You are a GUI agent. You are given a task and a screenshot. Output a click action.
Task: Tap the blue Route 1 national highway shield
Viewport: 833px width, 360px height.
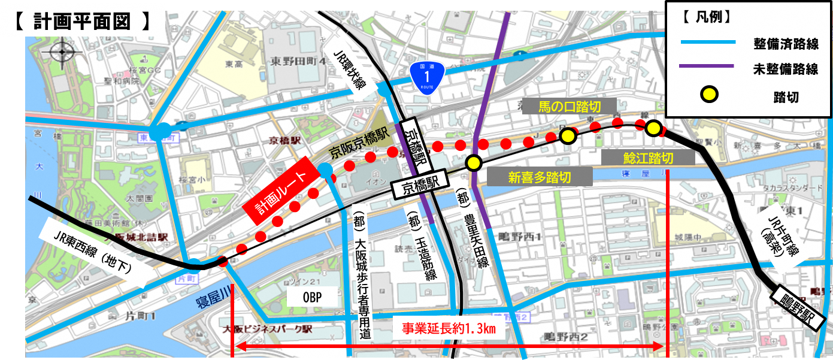[x=426, y=77]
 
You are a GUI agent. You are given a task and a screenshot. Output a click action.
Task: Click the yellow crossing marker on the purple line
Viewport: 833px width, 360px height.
[x=474, y=162]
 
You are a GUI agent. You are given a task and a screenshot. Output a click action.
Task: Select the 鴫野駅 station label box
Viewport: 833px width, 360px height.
[x=797, y=306]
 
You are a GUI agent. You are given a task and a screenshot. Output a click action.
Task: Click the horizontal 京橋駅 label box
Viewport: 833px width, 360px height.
[x=419, y=190]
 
